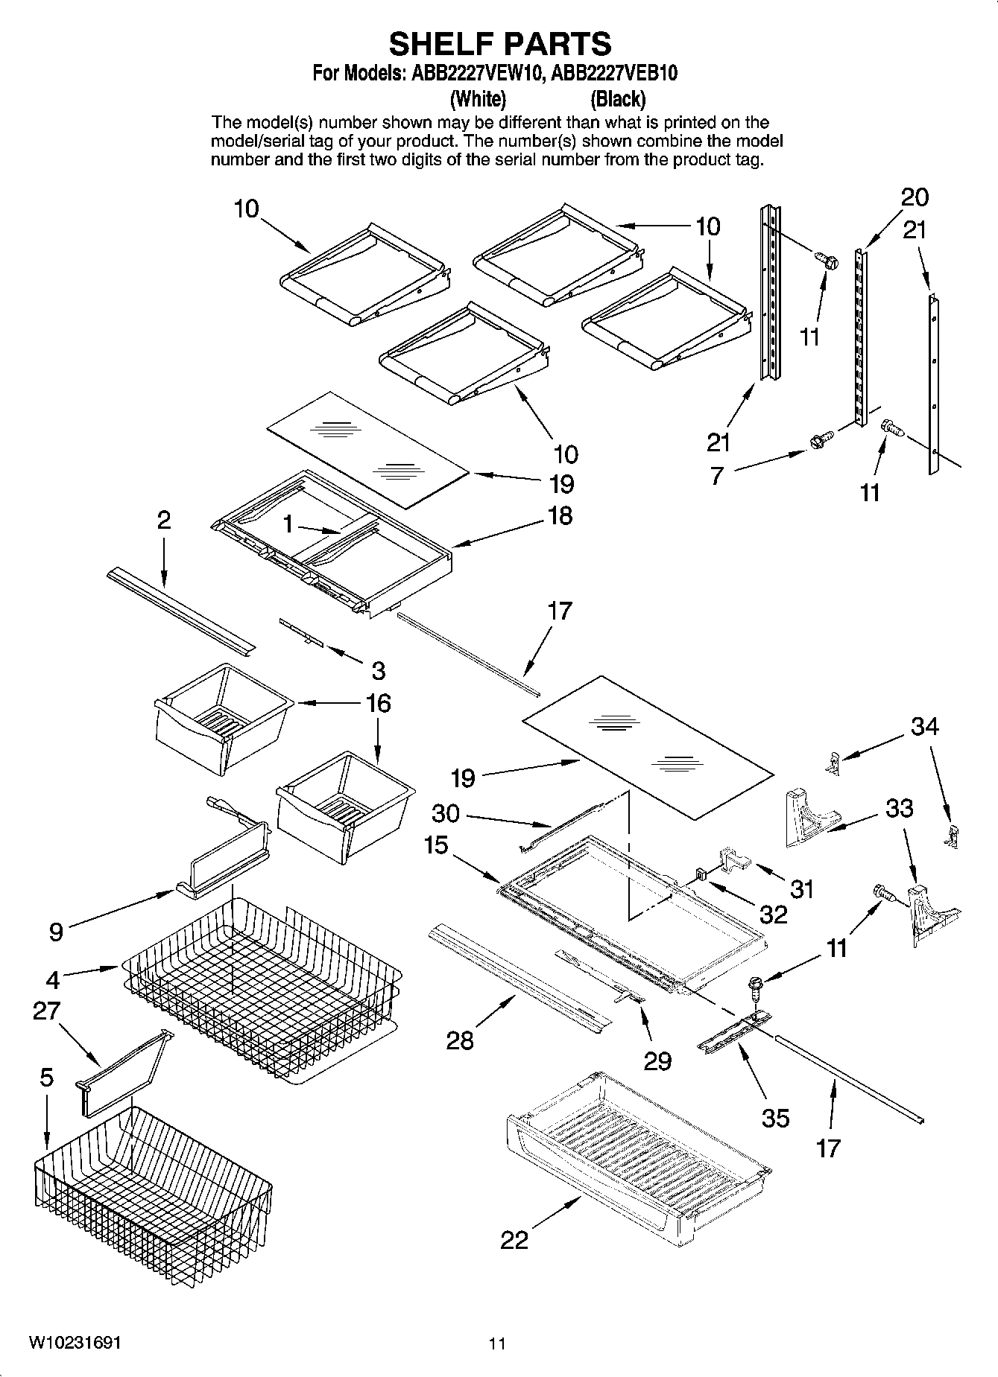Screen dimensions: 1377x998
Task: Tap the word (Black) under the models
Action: tap(617, 98)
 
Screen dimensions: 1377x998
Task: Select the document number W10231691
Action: tap(75, 1343)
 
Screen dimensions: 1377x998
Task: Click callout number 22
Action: tap(514, 1240)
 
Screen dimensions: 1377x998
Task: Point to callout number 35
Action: tap(774, 1117)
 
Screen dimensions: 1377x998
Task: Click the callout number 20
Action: tap(915, 197)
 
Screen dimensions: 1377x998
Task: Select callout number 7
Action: tap(716, 475)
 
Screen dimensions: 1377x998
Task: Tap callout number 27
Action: tap(46, 1011)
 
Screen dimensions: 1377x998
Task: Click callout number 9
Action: tap(56, 932)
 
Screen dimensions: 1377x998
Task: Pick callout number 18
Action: tap(560, 515)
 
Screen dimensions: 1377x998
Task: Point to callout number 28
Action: tap(459, 1040)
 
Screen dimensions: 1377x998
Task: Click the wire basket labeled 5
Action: tap(149, 1184)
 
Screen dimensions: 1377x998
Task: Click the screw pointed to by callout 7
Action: tap(817, 440)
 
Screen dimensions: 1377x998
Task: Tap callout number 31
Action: tap(802, 888)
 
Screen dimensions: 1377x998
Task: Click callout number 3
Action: tap(378, 670)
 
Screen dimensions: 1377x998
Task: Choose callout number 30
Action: tap(446, 812)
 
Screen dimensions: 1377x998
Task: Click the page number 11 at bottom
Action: tap(497, 1343)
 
